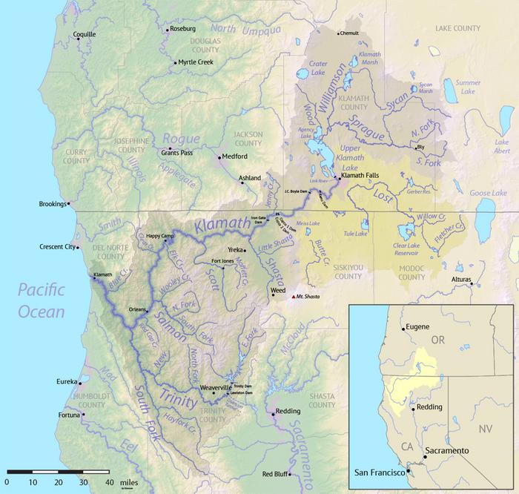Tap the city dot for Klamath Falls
pos(337,178)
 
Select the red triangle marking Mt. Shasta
pos(294,297)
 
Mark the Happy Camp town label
pos(162,236)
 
